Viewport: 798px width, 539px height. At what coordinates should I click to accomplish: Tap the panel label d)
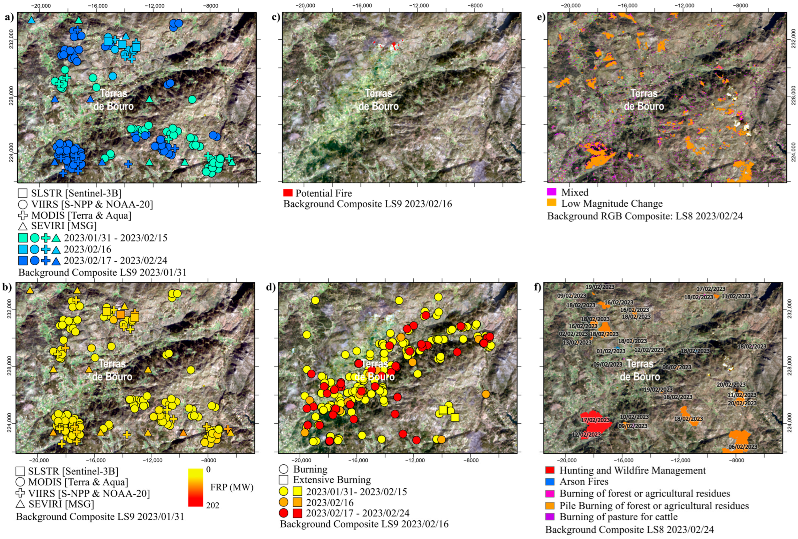[271, 287]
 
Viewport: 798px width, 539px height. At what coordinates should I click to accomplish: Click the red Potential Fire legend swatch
[288, 193]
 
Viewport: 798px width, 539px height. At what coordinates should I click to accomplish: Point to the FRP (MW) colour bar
[195, 487]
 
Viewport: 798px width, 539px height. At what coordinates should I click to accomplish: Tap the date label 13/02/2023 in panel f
[577, 342]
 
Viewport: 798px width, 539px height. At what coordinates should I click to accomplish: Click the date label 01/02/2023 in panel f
[611, 351]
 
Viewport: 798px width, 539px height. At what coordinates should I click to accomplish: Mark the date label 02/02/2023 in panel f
[573, 334]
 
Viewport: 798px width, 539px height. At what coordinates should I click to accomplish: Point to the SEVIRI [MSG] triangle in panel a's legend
[23, 226]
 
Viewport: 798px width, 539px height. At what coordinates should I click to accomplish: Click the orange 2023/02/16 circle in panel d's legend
[284, 503]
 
